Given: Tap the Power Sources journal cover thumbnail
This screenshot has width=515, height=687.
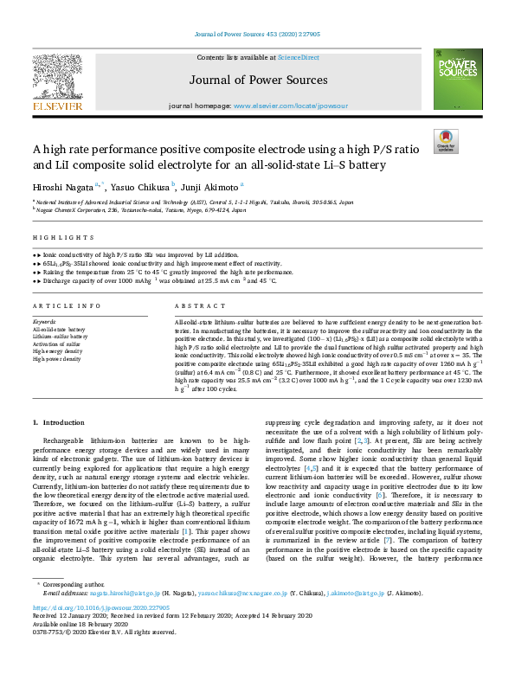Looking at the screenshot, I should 458,79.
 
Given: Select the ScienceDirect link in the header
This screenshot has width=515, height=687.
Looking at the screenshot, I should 299,57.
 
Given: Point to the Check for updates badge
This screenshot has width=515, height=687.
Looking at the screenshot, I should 447,140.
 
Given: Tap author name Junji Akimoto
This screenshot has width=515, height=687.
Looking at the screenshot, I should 211,186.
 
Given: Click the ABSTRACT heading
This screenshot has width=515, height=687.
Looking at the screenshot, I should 195,306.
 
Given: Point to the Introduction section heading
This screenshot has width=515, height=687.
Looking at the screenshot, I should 59,421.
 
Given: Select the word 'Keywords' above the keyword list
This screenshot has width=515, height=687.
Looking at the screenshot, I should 44,322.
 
